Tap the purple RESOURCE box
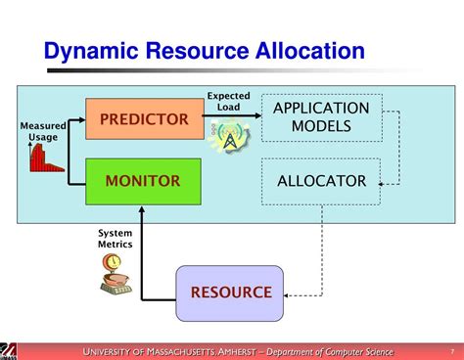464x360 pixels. pos(230,292)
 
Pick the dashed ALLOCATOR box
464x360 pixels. pos(320,181)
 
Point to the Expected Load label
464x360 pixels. pos(228,103)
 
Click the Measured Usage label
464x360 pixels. pos(42,131)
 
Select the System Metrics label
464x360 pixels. pos(115,238)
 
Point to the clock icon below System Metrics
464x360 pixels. pos(114,264)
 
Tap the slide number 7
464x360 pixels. pos(451,351)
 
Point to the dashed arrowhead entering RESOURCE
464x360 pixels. pos(291,292)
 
